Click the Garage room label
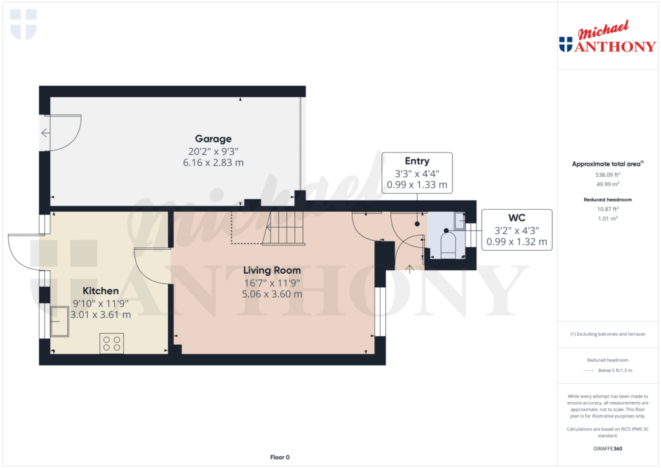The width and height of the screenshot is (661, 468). pos(213,139)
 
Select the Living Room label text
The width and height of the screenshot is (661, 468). pos(272,270)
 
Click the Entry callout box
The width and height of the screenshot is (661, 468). pos(417,172)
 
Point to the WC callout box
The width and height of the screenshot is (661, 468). pos(516,230)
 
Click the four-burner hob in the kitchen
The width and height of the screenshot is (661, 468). pos(112,343)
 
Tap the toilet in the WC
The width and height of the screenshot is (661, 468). pos(447,244)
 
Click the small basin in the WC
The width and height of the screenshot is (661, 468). pos(459,221)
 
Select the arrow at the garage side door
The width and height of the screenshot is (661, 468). pos(45,133)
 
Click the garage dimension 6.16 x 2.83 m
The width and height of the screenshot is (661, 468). pos(213,162)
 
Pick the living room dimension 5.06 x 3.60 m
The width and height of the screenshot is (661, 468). pos(272,294)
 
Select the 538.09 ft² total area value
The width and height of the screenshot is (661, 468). pos(607,174)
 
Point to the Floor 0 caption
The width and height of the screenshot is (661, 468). pos(280,457)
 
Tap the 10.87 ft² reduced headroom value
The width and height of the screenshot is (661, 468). pos(607,209)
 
